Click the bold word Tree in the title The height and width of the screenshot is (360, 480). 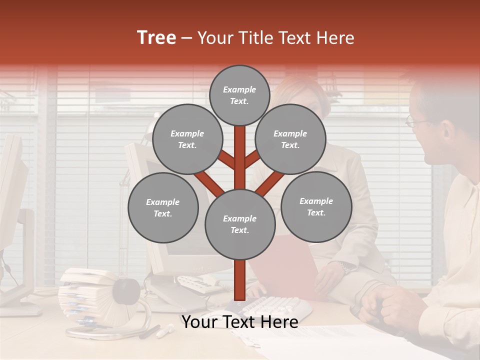coord(156,37)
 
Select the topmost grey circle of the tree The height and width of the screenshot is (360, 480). coord(239,95)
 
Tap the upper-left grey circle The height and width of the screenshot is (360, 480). coord(187,139)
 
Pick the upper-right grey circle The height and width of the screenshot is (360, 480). coord(290,139)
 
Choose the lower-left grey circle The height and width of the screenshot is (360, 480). coord(163,207)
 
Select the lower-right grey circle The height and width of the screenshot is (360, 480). coord(316,206)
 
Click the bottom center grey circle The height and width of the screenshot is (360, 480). coord(240,224)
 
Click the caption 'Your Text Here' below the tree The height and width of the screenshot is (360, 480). coord(239,322)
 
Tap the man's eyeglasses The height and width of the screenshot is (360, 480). coord(414,120)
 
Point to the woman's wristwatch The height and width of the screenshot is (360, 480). coord(344,268)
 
